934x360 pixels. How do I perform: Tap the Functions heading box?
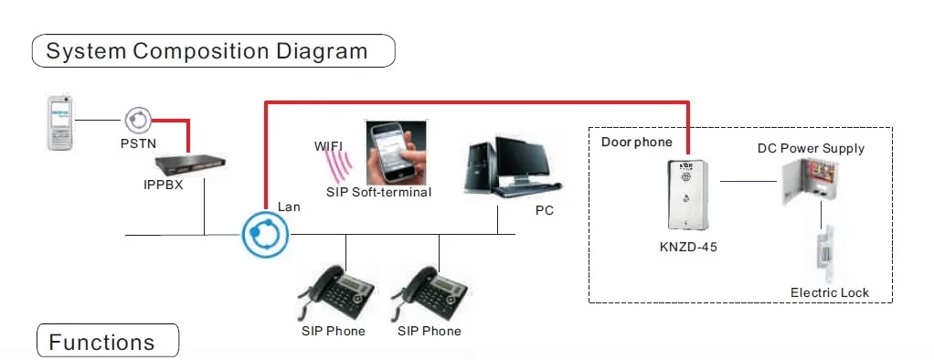(x=108, y=341)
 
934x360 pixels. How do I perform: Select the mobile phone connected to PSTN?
(x=60, y=122)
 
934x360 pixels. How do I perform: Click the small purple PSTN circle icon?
(x=138, y=121)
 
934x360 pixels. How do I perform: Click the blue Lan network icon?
(x=265, y=234)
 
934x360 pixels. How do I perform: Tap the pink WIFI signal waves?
(x=339, y=165)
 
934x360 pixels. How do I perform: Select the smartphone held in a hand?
(x=396, y=153)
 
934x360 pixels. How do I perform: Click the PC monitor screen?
(x=523, y=159)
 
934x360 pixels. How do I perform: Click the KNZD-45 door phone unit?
(x=687, y=195)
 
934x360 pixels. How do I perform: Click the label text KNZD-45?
(x=688, y=246)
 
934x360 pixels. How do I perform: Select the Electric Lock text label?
(x=829, y=292)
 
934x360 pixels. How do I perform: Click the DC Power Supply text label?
(x=811, y=148)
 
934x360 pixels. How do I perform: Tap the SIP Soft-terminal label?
(x=378, y=192)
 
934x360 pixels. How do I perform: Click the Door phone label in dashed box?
(x=636, y=142)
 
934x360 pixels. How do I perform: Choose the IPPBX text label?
(x=164, y=185)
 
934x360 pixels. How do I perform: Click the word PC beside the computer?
(x=544, y=210)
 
